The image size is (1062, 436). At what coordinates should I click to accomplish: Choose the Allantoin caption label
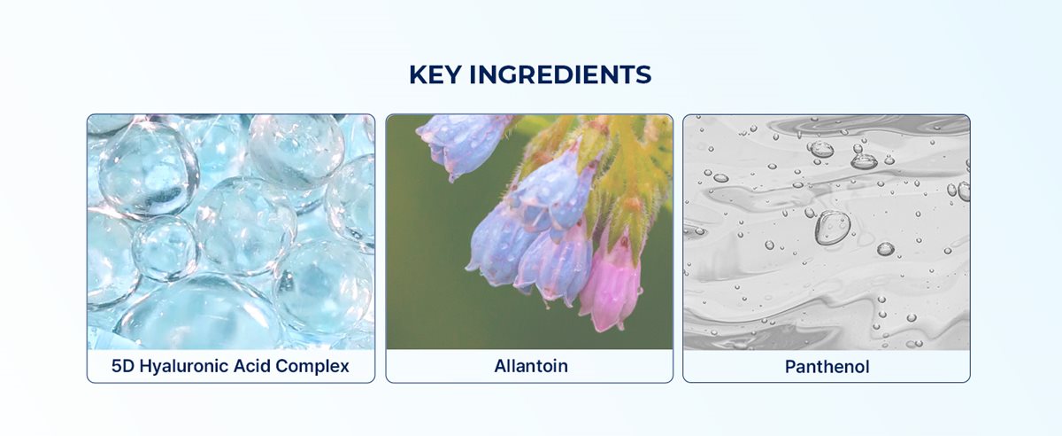529,366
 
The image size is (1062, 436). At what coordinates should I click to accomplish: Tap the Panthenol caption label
826,366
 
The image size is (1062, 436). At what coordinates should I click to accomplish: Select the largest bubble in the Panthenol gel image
833,227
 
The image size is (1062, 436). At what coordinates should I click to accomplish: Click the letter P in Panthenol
790,366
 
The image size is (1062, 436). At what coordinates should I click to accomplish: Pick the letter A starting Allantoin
500,366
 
